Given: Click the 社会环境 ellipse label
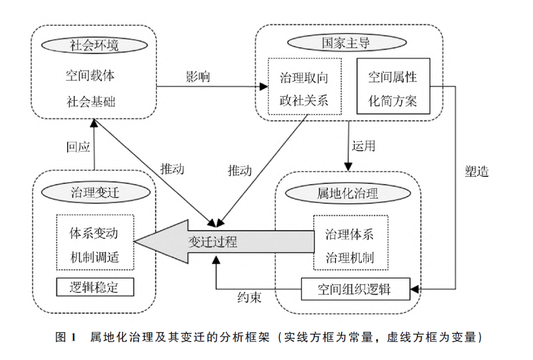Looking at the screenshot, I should point(94,46).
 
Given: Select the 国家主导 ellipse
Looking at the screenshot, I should point(346,43).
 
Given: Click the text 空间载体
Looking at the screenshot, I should point(90,76).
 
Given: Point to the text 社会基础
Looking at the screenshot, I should point(90,102).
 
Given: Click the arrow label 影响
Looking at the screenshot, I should point(197,77).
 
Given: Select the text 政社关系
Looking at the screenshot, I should point(304,101).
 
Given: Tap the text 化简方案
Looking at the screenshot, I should point(393,101).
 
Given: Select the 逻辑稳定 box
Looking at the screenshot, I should point(95,287).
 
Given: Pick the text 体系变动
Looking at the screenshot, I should point(94,232).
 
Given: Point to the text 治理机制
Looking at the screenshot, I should point(349,257).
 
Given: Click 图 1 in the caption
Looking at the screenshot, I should point(65,337).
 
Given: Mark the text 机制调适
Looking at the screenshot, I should point(94,257).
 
